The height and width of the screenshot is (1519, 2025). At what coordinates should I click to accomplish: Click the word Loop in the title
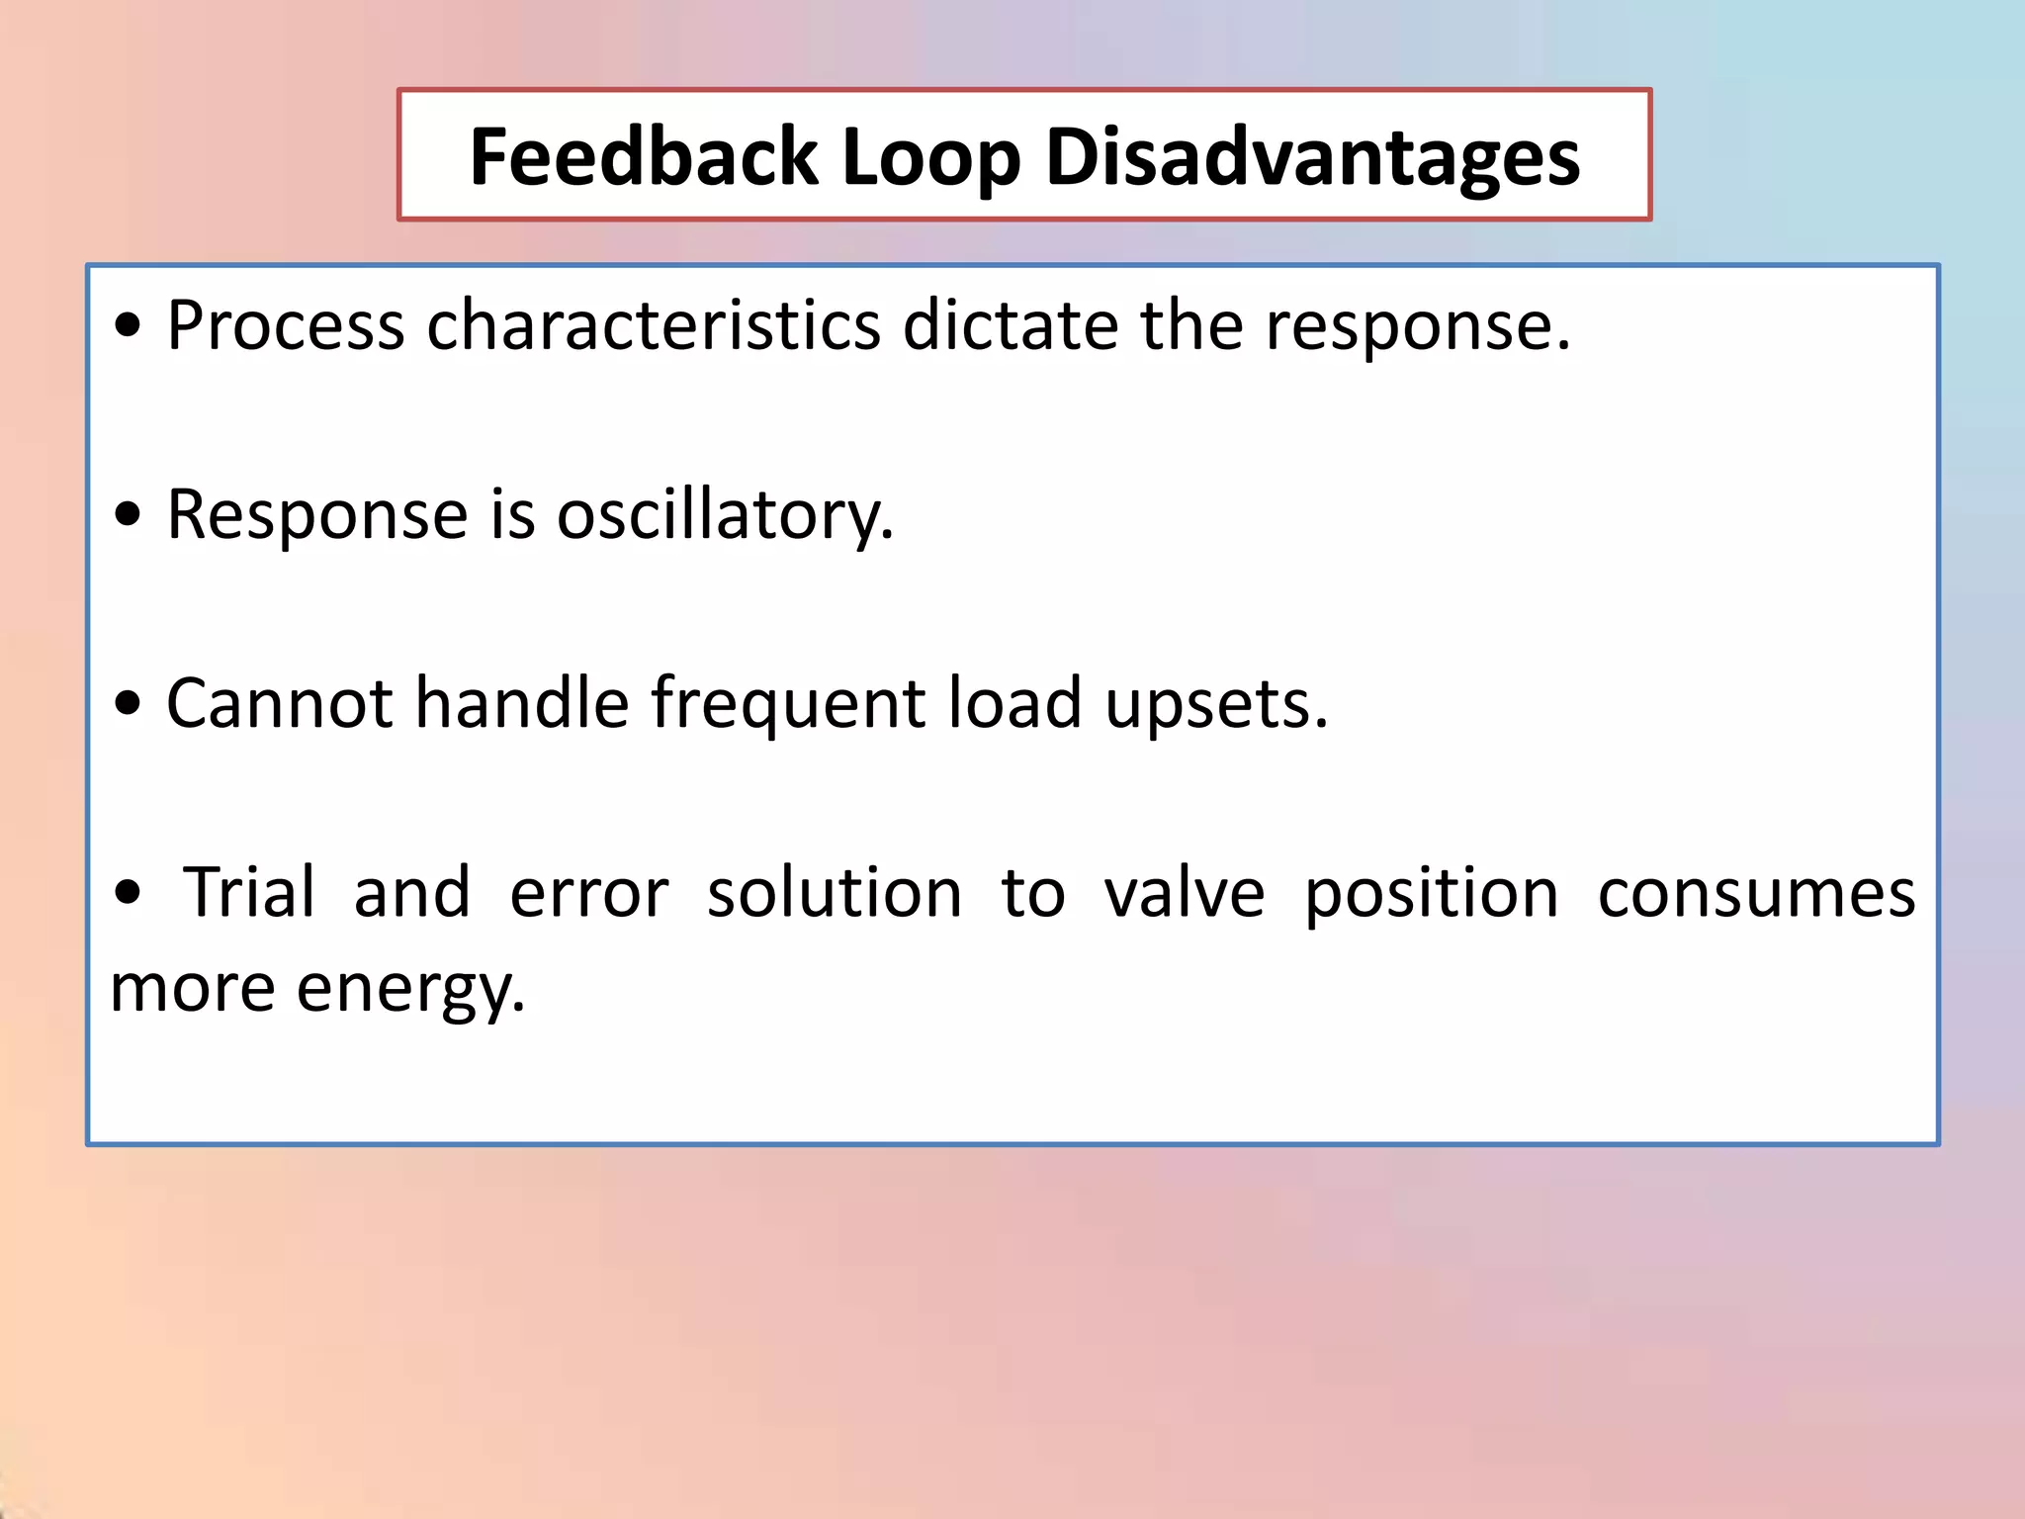click(930, 158)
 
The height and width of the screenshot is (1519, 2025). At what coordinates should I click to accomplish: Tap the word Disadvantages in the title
click(1312, 158)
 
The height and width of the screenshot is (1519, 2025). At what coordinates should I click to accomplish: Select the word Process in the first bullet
click(285, 325)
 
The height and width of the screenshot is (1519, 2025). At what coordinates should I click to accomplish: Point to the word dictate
click(1010, 325)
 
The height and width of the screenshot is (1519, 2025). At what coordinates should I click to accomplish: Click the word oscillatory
click(725, 515)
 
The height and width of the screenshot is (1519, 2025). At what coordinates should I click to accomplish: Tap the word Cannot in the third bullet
click(280, 703)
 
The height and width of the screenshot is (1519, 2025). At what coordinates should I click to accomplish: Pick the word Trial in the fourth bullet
click(249, 892)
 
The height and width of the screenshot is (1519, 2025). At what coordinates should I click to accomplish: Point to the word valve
click(1185, 892)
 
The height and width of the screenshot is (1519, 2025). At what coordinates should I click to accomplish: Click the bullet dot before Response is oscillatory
click(128, 515)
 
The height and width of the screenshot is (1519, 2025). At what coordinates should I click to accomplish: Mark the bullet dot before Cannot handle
click(128, 704)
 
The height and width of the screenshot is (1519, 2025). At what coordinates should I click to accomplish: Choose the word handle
click(521, 703)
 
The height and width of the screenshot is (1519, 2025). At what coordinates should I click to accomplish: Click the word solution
click(834, 892)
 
